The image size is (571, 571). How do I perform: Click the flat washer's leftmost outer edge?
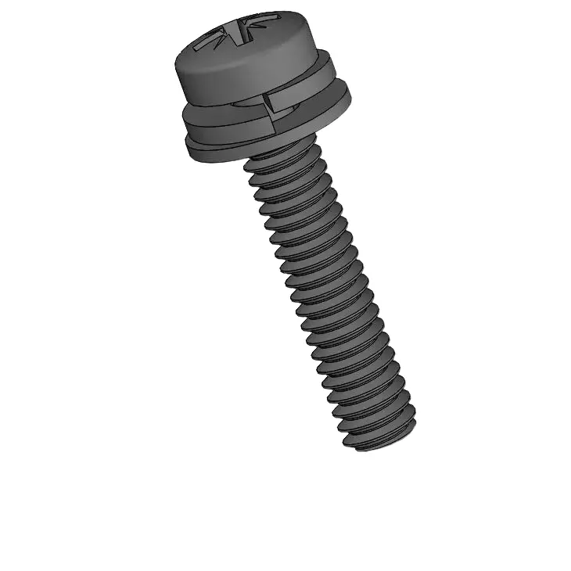pyautogui.click(x=187, y=141)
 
